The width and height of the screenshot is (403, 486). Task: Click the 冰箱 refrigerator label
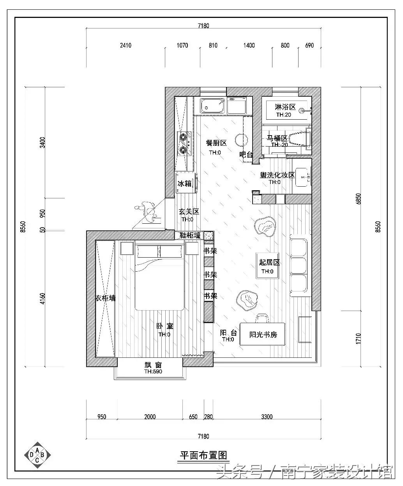[184, 184]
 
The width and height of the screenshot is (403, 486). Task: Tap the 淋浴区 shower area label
[285, 107]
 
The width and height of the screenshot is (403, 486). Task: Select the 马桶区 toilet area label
[277, 138]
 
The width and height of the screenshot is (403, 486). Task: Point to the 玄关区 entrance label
[189, 212]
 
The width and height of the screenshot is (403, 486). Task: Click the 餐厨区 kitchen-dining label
[216, 143]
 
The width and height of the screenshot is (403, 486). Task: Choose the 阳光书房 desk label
[263, 335]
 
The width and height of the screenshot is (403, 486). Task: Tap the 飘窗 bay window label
[153, 364]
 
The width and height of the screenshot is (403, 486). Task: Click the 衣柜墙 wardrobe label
[106, 298]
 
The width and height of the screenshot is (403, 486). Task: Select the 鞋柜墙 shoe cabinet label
[190, 235]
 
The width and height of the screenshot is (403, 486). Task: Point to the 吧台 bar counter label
[246, 154]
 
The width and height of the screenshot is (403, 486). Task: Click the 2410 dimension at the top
[126, 45]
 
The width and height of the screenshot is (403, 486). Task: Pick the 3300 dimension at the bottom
[267, 417]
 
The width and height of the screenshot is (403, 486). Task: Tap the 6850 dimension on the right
[358, 199]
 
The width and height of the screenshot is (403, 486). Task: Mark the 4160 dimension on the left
[42, 299]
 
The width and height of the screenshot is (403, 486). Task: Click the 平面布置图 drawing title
[203, 455]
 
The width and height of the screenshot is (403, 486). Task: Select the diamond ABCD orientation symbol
[37, 455]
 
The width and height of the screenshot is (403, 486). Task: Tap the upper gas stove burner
[183, 137]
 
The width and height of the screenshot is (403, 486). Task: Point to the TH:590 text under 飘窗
[153, 371]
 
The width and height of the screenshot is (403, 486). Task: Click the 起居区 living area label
[269, 262]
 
